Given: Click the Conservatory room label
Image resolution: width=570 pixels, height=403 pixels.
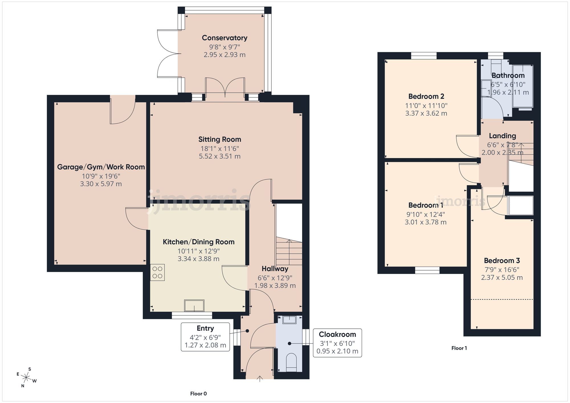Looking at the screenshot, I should point(225,38).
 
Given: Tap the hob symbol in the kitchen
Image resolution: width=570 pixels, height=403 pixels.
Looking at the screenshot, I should point(157,273).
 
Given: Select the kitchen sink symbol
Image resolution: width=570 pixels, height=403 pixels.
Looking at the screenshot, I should point(194,306).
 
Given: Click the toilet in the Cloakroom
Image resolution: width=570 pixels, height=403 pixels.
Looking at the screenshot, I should point(291,363).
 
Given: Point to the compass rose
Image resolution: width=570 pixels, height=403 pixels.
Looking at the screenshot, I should point(27,378).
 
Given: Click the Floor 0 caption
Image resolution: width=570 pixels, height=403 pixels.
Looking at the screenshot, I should point(198,394).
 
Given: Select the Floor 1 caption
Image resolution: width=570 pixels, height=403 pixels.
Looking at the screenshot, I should point(459,348).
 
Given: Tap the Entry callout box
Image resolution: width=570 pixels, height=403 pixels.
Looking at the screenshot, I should point(205,337).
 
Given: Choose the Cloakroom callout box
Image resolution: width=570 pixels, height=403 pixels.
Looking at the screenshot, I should point(337,343).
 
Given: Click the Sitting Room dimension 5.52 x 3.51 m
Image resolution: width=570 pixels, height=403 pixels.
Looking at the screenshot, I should point(219,156).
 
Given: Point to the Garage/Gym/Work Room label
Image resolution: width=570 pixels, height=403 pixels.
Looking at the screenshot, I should point(101,167).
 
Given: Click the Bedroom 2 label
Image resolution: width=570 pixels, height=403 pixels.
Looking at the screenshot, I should point(426,96).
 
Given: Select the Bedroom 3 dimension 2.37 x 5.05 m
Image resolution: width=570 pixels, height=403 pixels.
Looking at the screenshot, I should point(502,277).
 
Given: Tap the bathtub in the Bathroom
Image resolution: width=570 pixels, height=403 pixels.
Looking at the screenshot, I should point(523,86).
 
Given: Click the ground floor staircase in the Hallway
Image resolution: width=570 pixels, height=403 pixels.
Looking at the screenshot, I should point(289,252).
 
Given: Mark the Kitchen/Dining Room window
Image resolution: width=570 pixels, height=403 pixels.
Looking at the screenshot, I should point(192,315).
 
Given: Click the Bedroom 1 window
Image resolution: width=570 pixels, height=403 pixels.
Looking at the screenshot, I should point(427,270).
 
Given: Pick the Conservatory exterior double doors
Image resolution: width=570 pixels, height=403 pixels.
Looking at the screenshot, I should point(168,54).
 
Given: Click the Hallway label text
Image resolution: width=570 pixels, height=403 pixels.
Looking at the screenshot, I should point(275,269).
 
